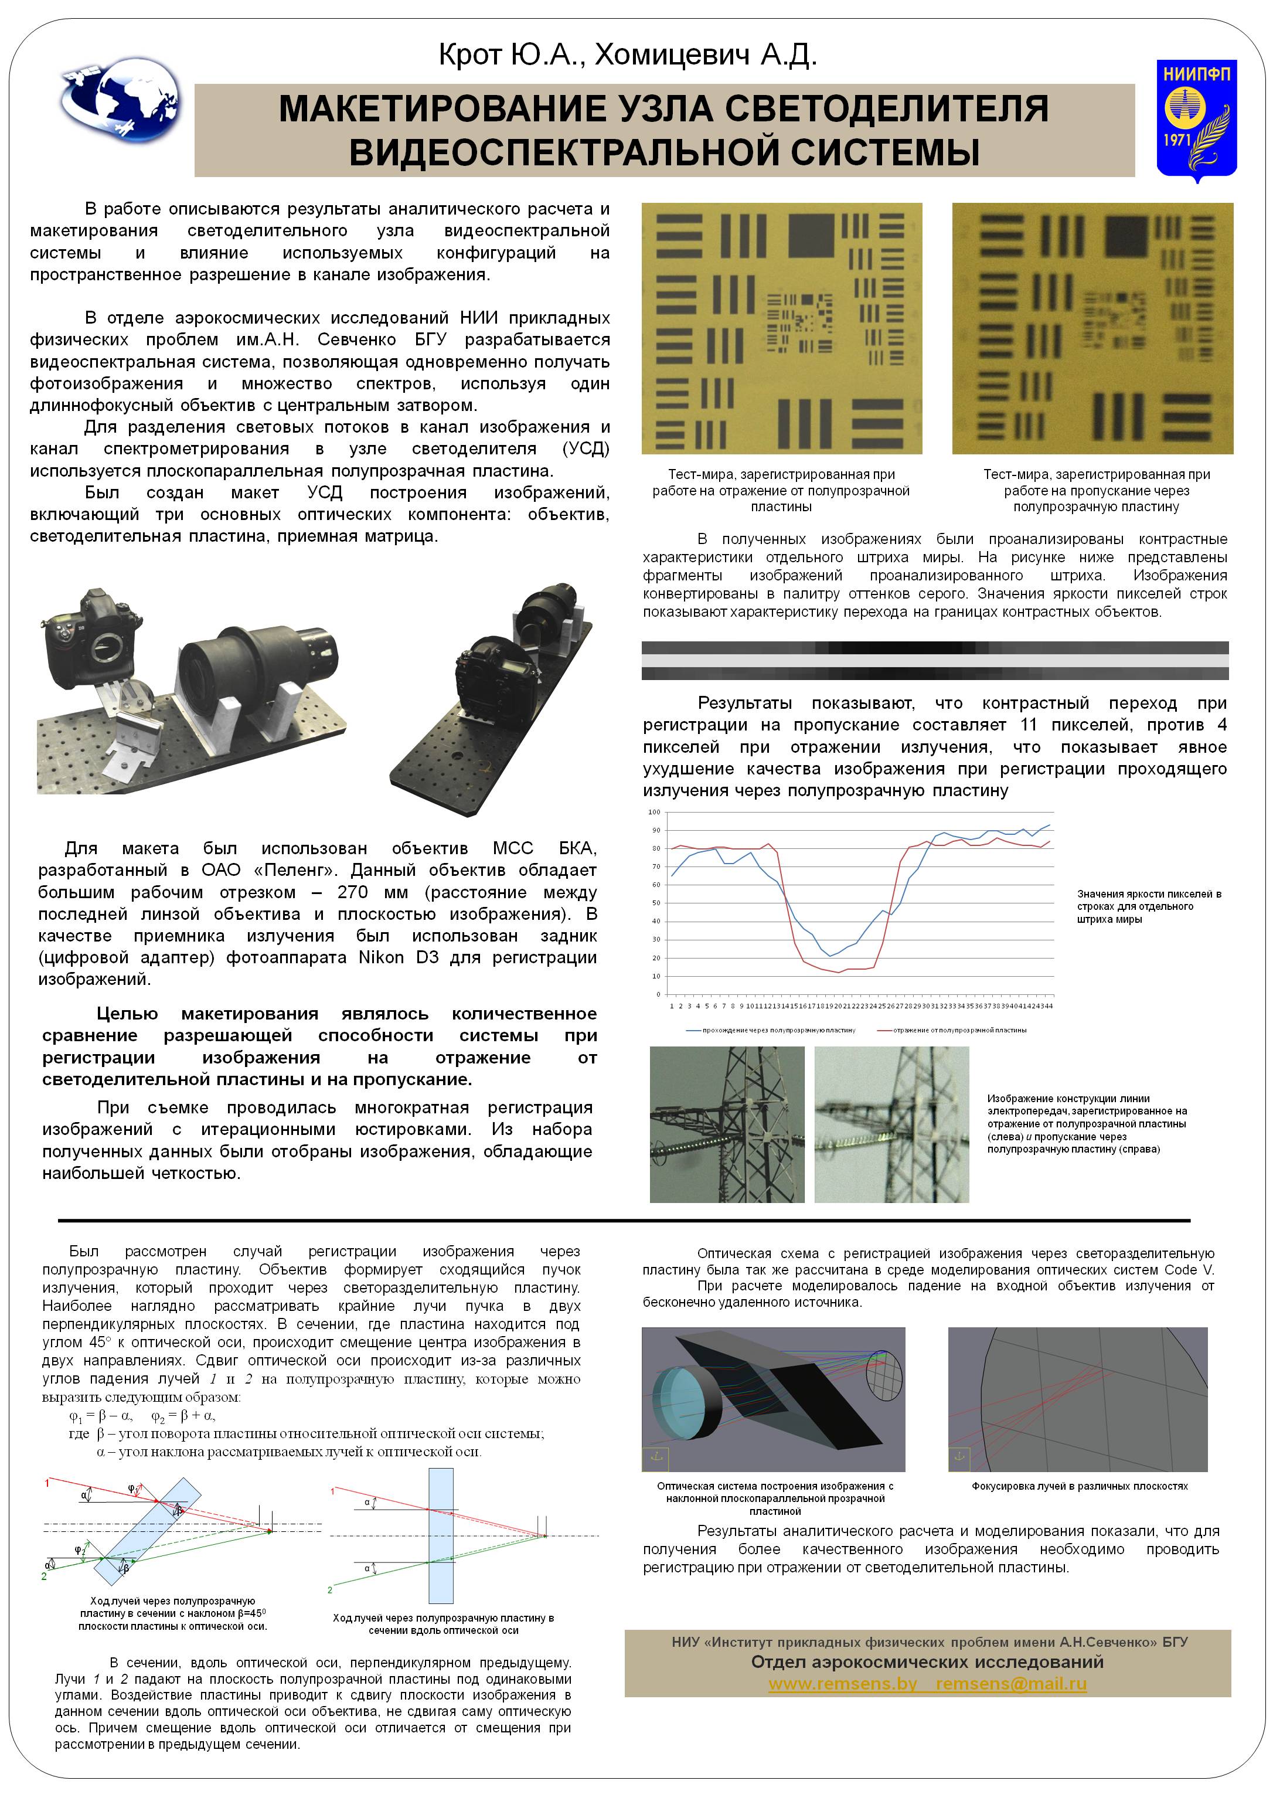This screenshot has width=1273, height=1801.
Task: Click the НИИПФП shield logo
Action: tap(1196, 119)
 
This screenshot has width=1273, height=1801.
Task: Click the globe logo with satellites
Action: tap(120, 100)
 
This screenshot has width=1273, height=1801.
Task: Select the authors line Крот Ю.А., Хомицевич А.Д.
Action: tap(628, 55)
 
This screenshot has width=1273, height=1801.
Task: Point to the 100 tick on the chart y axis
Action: tap(654, 812)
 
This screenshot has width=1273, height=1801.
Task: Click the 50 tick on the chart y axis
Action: tap(656, 903)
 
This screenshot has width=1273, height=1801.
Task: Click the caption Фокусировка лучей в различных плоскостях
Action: tap(1079, 1486)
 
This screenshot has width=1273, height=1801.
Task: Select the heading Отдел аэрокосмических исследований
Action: tap(927, 1662)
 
